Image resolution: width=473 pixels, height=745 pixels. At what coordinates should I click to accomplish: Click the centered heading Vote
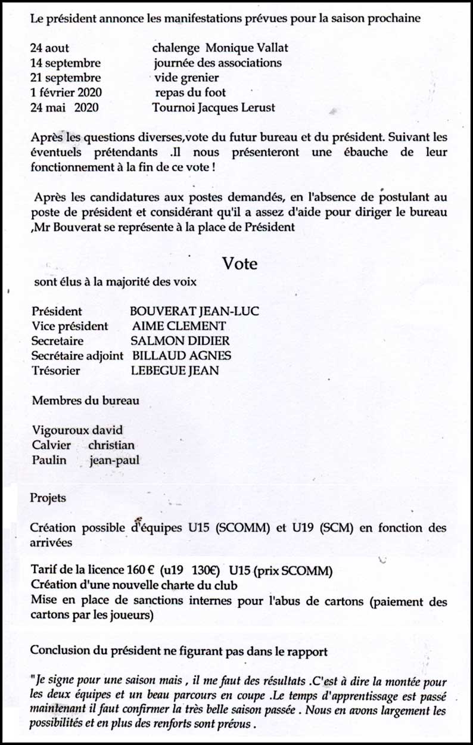(x=240, y=263)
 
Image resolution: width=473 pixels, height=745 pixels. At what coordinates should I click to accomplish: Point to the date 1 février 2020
(x=66, y=92)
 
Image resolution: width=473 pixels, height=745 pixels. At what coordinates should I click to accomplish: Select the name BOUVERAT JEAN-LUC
(x=194, y=311)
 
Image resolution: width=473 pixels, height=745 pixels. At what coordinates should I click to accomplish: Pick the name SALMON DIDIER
(x=180, y=341)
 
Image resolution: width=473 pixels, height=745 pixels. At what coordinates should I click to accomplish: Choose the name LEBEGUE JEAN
(x=175, y=371)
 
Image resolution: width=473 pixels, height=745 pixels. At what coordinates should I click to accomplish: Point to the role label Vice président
(x=70, y=326)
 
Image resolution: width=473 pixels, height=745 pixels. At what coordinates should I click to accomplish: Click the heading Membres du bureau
(x=85, y=401)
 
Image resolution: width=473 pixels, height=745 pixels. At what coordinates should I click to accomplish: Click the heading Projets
(x=48, y=498)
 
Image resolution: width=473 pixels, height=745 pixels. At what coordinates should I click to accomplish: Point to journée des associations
(x=218, y=63)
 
